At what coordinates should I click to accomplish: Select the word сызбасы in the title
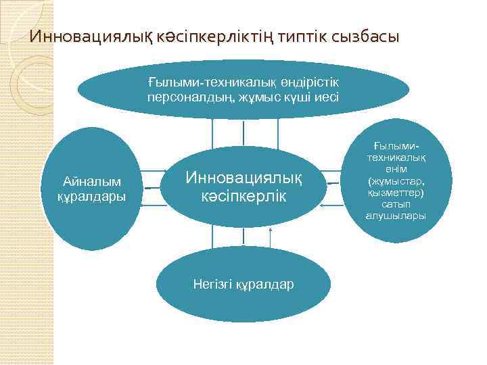pos(365,36)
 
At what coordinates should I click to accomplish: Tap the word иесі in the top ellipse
pos(325,97)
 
